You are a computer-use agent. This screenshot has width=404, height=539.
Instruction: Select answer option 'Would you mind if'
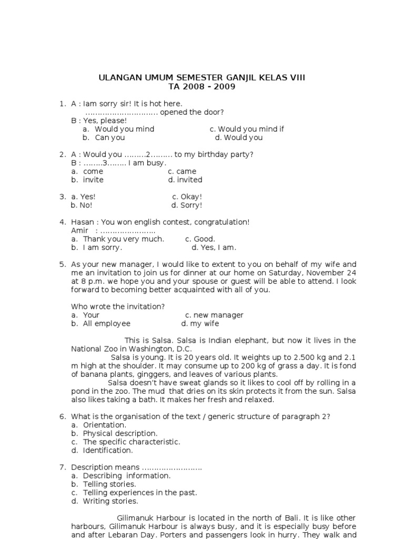click(251, 129)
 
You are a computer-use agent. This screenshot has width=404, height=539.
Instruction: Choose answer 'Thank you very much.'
click(124, 239)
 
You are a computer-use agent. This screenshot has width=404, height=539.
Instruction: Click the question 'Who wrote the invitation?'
click(118, 306)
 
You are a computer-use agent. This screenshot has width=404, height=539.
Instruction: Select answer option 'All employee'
click(107, 324)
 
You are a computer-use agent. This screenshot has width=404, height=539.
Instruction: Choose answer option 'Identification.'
click(108, 450)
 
